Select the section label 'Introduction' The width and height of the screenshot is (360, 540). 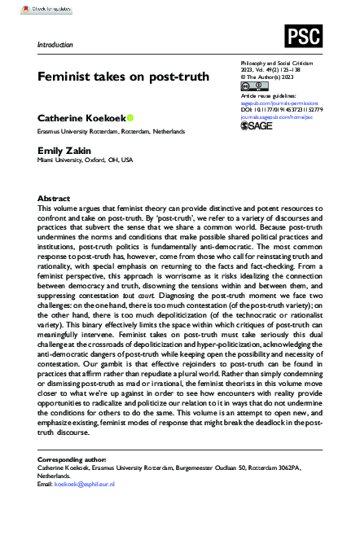click(55, 45)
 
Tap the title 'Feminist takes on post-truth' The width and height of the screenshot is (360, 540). click(119, 77)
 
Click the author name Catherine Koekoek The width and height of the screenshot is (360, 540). click(81, 119)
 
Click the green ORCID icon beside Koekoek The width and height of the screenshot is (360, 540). click(130, 119)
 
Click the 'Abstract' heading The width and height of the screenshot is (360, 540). click(54, 199)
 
